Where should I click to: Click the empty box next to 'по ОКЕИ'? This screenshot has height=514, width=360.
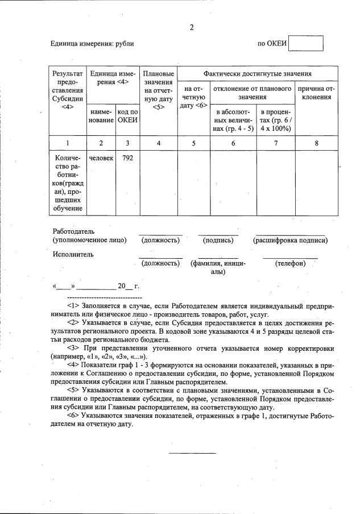pos(305,44)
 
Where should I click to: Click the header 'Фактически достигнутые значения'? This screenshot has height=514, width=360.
pos(258,74)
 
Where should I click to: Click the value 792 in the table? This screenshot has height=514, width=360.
pos(127,157)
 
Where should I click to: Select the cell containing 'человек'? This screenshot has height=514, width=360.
pos(102,157)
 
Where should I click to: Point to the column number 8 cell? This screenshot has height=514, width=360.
pos(317,143)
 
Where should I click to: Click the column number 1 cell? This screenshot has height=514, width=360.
pos(68,143)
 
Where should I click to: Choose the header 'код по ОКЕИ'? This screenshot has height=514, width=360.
pos(127,116)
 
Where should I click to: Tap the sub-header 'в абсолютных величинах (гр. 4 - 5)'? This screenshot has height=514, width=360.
pos(233,120)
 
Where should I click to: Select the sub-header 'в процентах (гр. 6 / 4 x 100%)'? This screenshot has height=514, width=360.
pos(276,120)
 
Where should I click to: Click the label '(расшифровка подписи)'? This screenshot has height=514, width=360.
pos(290,241)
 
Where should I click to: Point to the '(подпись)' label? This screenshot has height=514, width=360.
pos(218,241)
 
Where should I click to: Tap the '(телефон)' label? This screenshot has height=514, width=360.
pos(290,263)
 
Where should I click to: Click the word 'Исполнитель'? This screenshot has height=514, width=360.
pos(73,254)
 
